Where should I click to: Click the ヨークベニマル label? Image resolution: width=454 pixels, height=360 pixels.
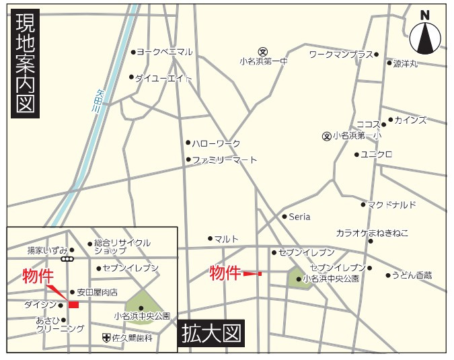click(x=165, y=52)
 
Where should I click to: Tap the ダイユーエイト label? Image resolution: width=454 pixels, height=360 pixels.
click(x=164, y=78)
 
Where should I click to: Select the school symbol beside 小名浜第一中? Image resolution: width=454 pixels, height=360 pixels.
click(x=264, y=50)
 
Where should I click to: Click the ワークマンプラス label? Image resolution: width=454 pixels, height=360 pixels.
click(x=341, y=54)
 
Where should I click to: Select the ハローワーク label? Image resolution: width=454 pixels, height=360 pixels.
click(x=216, y=143)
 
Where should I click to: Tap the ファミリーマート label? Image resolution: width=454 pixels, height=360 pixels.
click(x=225, y=160)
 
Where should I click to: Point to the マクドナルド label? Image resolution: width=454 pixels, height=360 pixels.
click(x=392, y=205)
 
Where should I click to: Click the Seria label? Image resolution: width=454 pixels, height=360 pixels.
click(x=299, y=217)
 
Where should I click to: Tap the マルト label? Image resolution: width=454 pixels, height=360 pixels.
click(x=227, y=238)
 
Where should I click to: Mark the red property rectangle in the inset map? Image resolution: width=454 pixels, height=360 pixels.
click(x=73, y=305)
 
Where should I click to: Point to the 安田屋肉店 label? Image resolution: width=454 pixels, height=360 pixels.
click(x=97, y=292)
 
